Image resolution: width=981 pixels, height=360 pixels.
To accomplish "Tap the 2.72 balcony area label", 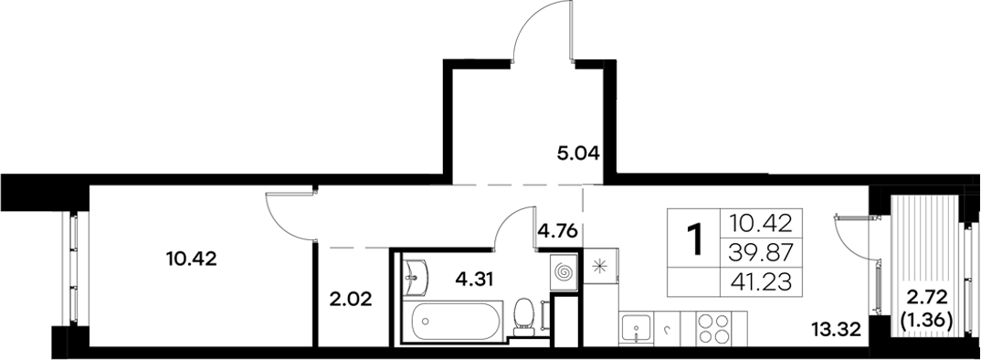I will click(x=923, y=298).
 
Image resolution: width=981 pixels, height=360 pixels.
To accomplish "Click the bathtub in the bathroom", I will click(x=454, y=321).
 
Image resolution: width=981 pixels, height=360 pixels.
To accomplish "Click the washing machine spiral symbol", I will click(x=564, y=272).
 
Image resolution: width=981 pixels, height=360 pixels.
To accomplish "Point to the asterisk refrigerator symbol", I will click(x=600, y=267).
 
